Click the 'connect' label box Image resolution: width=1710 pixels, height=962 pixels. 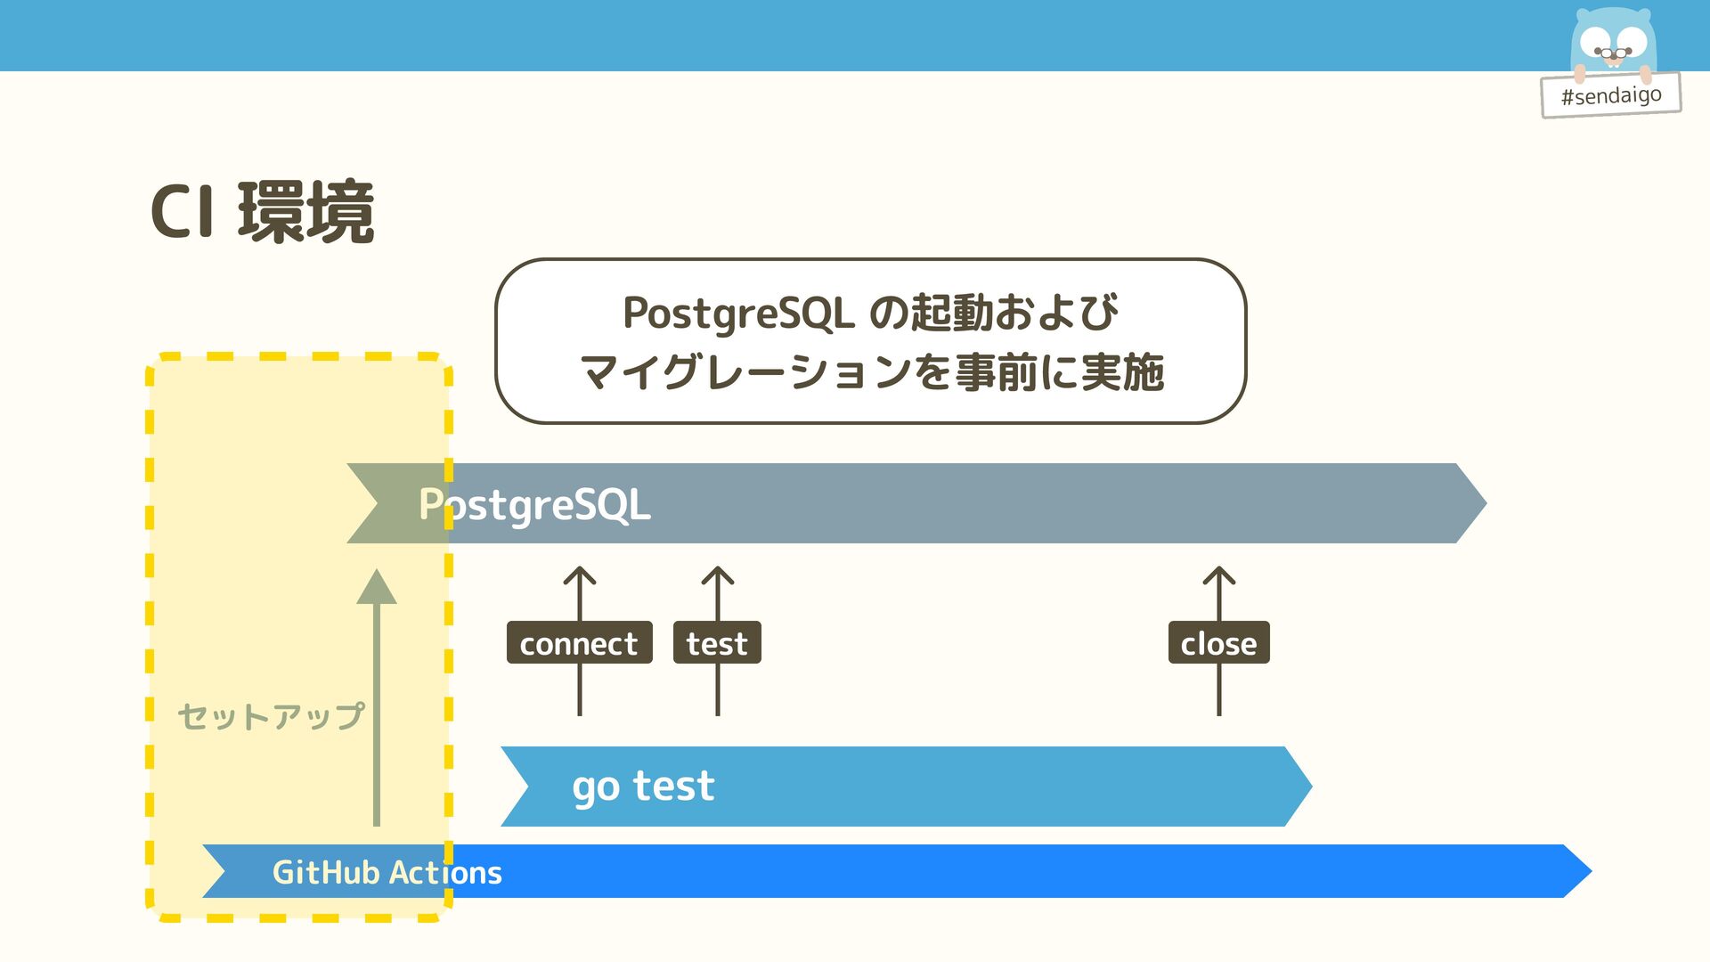coord(579,642)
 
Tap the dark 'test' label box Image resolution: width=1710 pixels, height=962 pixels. coord(717,642)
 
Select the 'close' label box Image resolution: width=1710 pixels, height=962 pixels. coord(1218,642)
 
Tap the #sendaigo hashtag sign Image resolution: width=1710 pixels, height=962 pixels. coord(1610,94)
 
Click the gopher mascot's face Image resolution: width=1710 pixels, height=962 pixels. coord(1613,42)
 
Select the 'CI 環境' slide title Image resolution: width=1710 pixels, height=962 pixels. coord(262,212)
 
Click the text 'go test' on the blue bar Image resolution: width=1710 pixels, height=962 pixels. coord(643,787)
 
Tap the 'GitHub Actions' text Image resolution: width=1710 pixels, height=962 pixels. coord(387,872)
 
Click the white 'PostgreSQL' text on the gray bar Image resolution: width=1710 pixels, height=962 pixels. coord(534,504)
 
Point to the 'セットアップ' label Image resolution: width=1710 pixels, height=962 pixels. coord(271,716)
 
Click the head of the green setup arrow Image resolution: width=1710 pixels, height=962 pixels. coord(377,588)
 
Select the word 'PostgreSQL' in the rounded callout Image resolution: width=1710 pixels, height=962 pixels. coord(738,314)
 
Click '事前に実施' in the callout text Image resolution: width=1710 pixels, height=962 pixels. coord(1059,372)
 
